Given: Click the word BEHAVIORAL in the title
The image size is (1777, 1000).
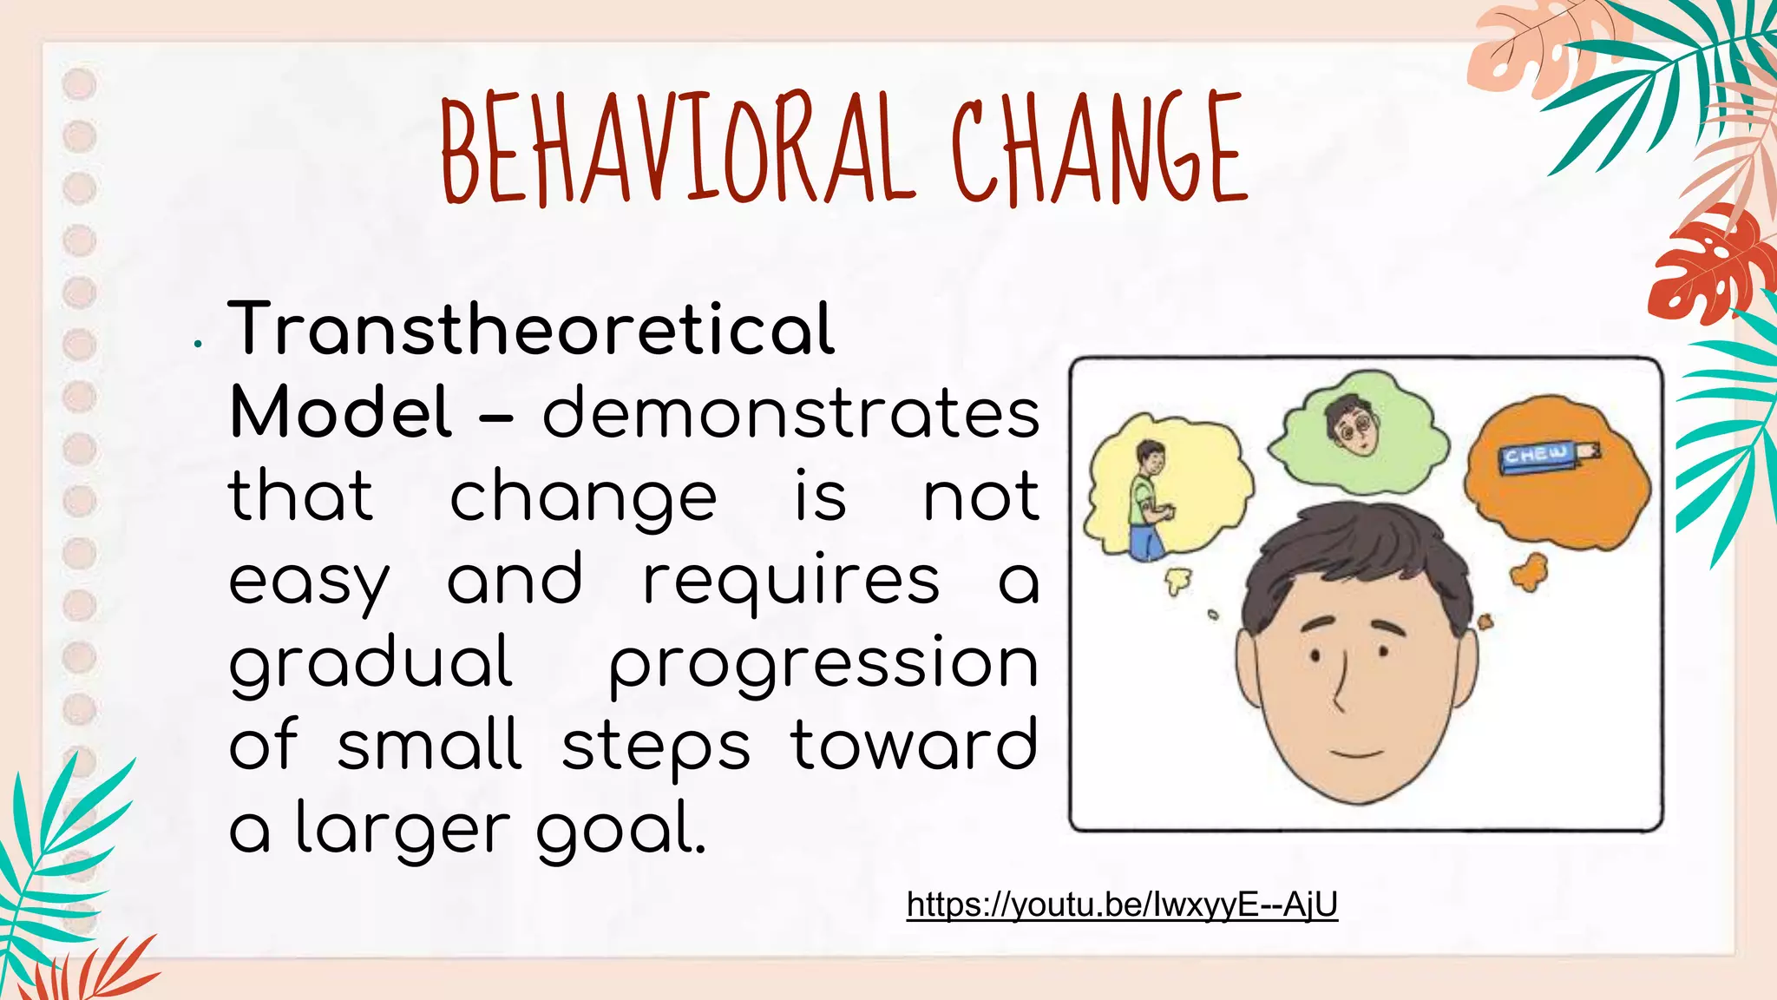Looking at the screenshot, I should click(677, 149).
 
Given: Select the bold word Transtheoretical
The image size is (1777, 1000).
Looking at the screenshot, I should click(531, 329).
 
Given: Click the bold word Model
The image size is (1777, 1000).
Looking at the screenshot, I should click(341, 412).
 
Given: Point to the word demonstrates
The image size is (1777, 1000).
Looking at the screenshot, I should click(790, 412).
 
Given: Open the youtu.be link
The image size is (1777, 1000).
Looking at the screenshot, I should click(1122, 905).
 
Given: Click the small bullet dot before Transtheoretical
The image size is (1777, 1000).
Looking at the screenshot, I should click(199, 345).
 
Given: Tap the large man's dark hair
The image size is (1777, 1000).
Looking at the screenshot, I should click(1354, 556).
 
